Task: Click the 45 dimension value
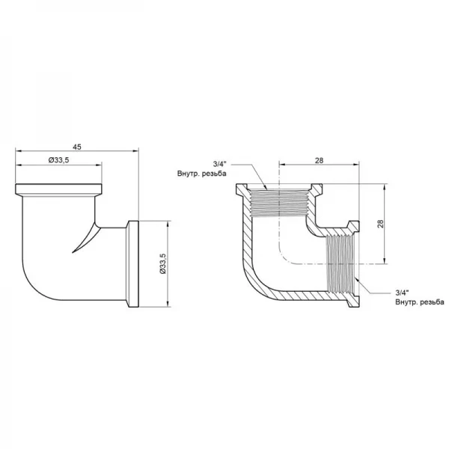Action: point(77,147)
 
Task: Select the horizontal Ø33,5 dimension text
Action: point(58,160)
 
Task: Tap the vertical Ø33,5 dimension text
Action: point(162,263)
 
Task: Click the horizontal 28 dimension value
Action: point(319,160)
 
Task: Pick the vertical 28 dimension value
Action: point(381,224)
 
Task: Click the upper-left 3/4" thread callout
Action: point(219,164)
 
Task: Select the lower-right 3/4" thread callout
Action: point(402,293)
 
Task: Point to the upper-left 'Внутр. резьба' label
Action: point(201,174)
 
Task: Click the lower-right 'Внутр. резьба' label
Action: point(420,302)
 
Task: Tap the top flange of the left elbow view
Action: point(58,189)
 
